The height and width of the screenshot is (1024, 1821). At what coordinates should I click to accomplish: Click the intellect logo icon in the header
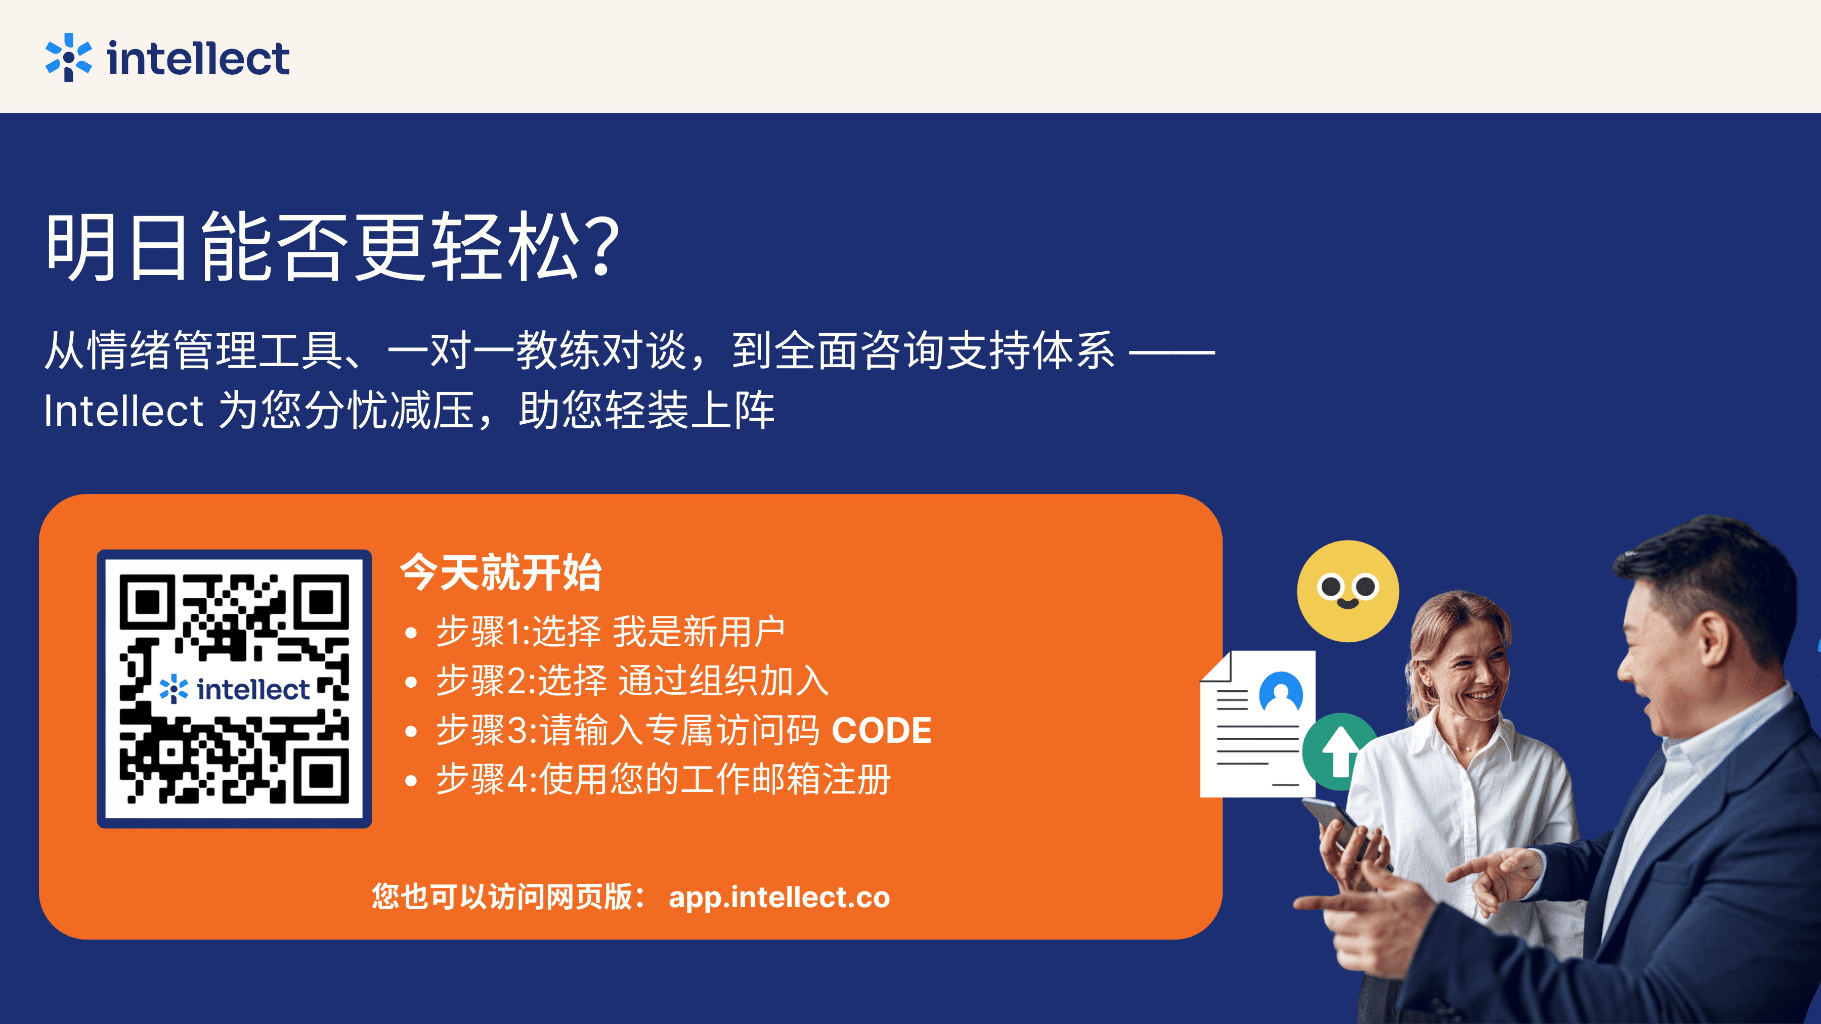69,57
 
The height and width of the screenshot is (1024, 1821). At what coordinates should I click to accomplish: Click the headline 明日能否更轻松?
333,247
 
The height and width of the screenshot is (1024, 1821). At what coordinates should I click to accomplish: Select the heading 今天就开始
500,572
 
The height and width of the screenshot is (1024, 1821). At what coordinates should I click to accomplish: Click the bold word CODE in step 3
882,730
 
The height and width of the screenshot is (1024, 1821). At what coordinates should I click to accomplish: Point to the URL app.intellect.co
779,898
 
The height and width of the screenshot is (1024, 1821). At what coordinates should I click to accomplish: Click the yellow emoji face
1348,591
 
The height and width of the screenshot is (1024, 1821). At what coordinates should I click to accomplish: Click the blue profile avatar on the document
1281,691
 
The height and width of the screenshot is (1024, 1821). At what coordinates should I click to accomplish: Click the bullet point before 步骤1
411,633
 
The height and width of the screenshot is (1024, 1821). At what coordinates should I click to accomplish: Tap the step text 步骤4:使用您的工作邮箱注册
663,779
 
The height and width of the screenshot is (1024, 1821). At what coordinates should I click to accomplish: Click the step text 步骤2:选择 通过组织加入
632,681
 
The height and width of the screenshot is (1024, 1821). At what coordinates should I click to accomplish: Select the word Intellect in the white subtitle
124,411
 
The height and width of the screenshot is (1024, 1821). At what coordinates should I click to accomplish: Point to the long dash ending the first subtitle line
1172,350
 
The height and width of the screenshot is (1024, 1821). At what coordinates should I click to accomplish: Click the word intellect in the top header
198,58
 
